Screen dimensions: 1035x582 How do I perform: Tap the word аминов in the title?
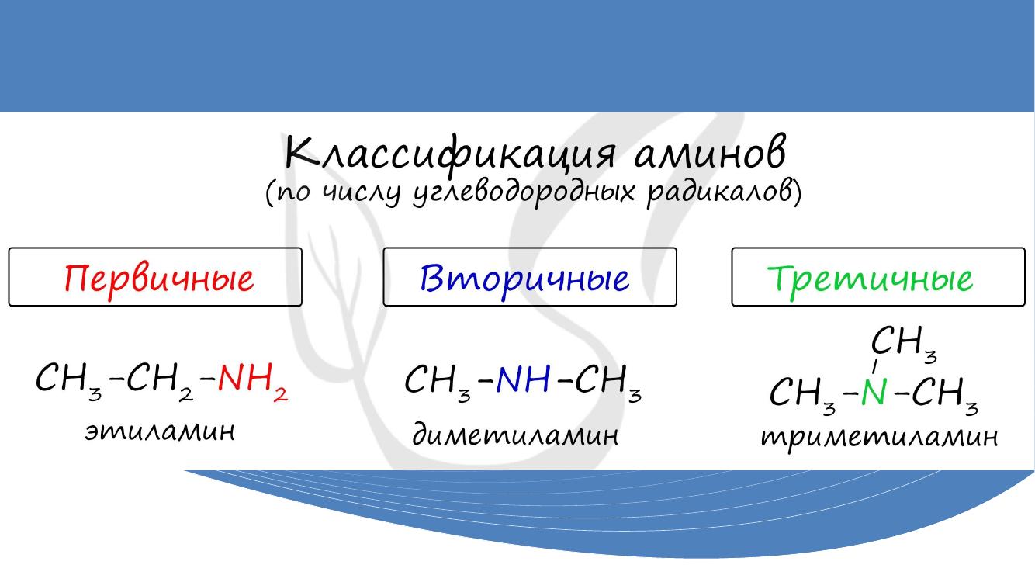710,153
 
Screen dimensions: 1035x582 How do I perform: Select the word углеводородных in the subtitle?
524,192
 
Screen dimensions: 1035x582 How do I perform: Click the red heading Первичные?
159,279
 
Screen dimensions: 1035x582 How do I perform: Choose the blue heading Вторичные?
524,279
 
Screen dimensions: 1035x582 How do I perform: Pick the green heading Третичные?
870,279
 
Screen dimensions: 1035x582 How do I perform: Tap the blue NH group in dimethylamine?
524,379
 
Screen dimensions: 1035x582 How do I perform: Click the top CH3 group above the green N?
904,345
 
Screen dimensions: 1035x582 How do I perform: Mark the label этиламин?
160,432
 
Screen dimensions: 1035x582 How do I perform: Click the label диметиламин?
515,435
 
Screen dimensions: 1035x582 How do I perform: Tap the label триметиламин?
879,438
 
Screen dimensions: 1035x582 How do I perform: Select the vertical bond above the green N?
874,366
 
